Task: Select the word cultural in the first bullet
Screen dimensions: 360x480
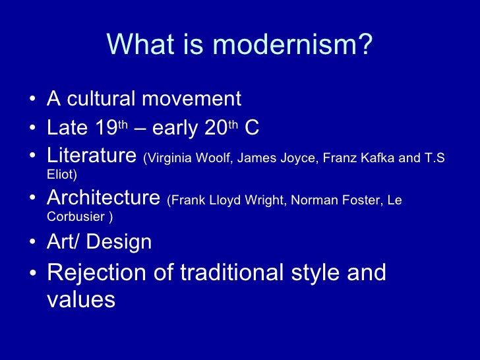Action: pos(100,100)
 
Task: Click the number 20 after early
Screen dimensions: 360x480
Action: pos(215,128)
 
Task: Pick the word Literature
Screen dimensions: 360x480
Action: pos(91,157)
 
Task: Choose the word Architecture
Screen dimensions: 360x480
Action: pos(104,198)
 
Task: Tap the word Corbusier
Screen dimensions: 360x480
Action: pos(75,216)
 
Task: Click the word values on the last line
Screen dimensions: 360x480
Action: pos(81,301)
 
